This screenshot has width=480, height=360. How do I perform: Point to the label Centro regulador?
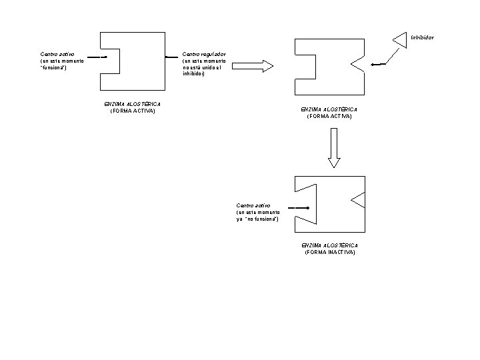click(x=204, y=53)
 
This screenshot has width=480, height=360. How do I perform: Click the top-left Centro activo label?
click(x=57, y=53)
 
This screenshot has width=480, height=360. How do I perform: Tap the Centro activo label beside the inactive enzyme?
click(x=253, y=205)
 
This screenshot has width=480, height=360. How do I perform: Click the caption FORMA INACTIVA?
click(x=330, y=253)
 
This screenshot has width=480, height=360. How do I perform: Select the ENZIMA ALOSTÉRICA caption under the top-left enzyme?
click(x=133, y=104)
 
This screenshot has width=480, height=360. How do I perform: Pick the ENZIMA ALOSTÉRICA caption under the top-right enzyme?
click(x=329, y=109)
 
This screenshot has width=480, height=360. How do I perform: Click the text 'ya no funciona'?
click(x=257, y=219)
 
